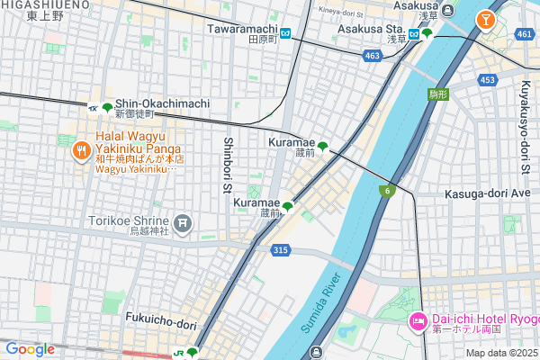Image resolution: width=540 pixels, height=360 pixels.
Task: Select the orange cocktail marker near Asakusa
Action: click(x=486, y=18)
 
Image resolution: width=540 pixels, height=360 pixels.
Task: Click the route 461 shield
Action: click(x=525, y=34)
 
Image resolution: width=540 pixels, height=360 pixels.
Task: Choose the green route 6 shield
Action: click(x=387, y=190)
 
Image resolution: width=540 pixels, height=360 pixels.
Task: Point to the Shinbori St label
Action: click(x=228, y=166)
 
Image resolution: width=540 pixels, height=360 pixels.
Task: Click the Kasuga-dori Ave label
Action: click(x=488, y=193)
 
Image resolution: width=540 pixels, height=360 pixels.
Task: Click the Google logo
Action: click(x=30, y=349)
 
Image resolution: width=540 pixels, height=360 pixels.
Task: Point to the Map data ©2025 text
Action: click(x=500, y=352)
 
